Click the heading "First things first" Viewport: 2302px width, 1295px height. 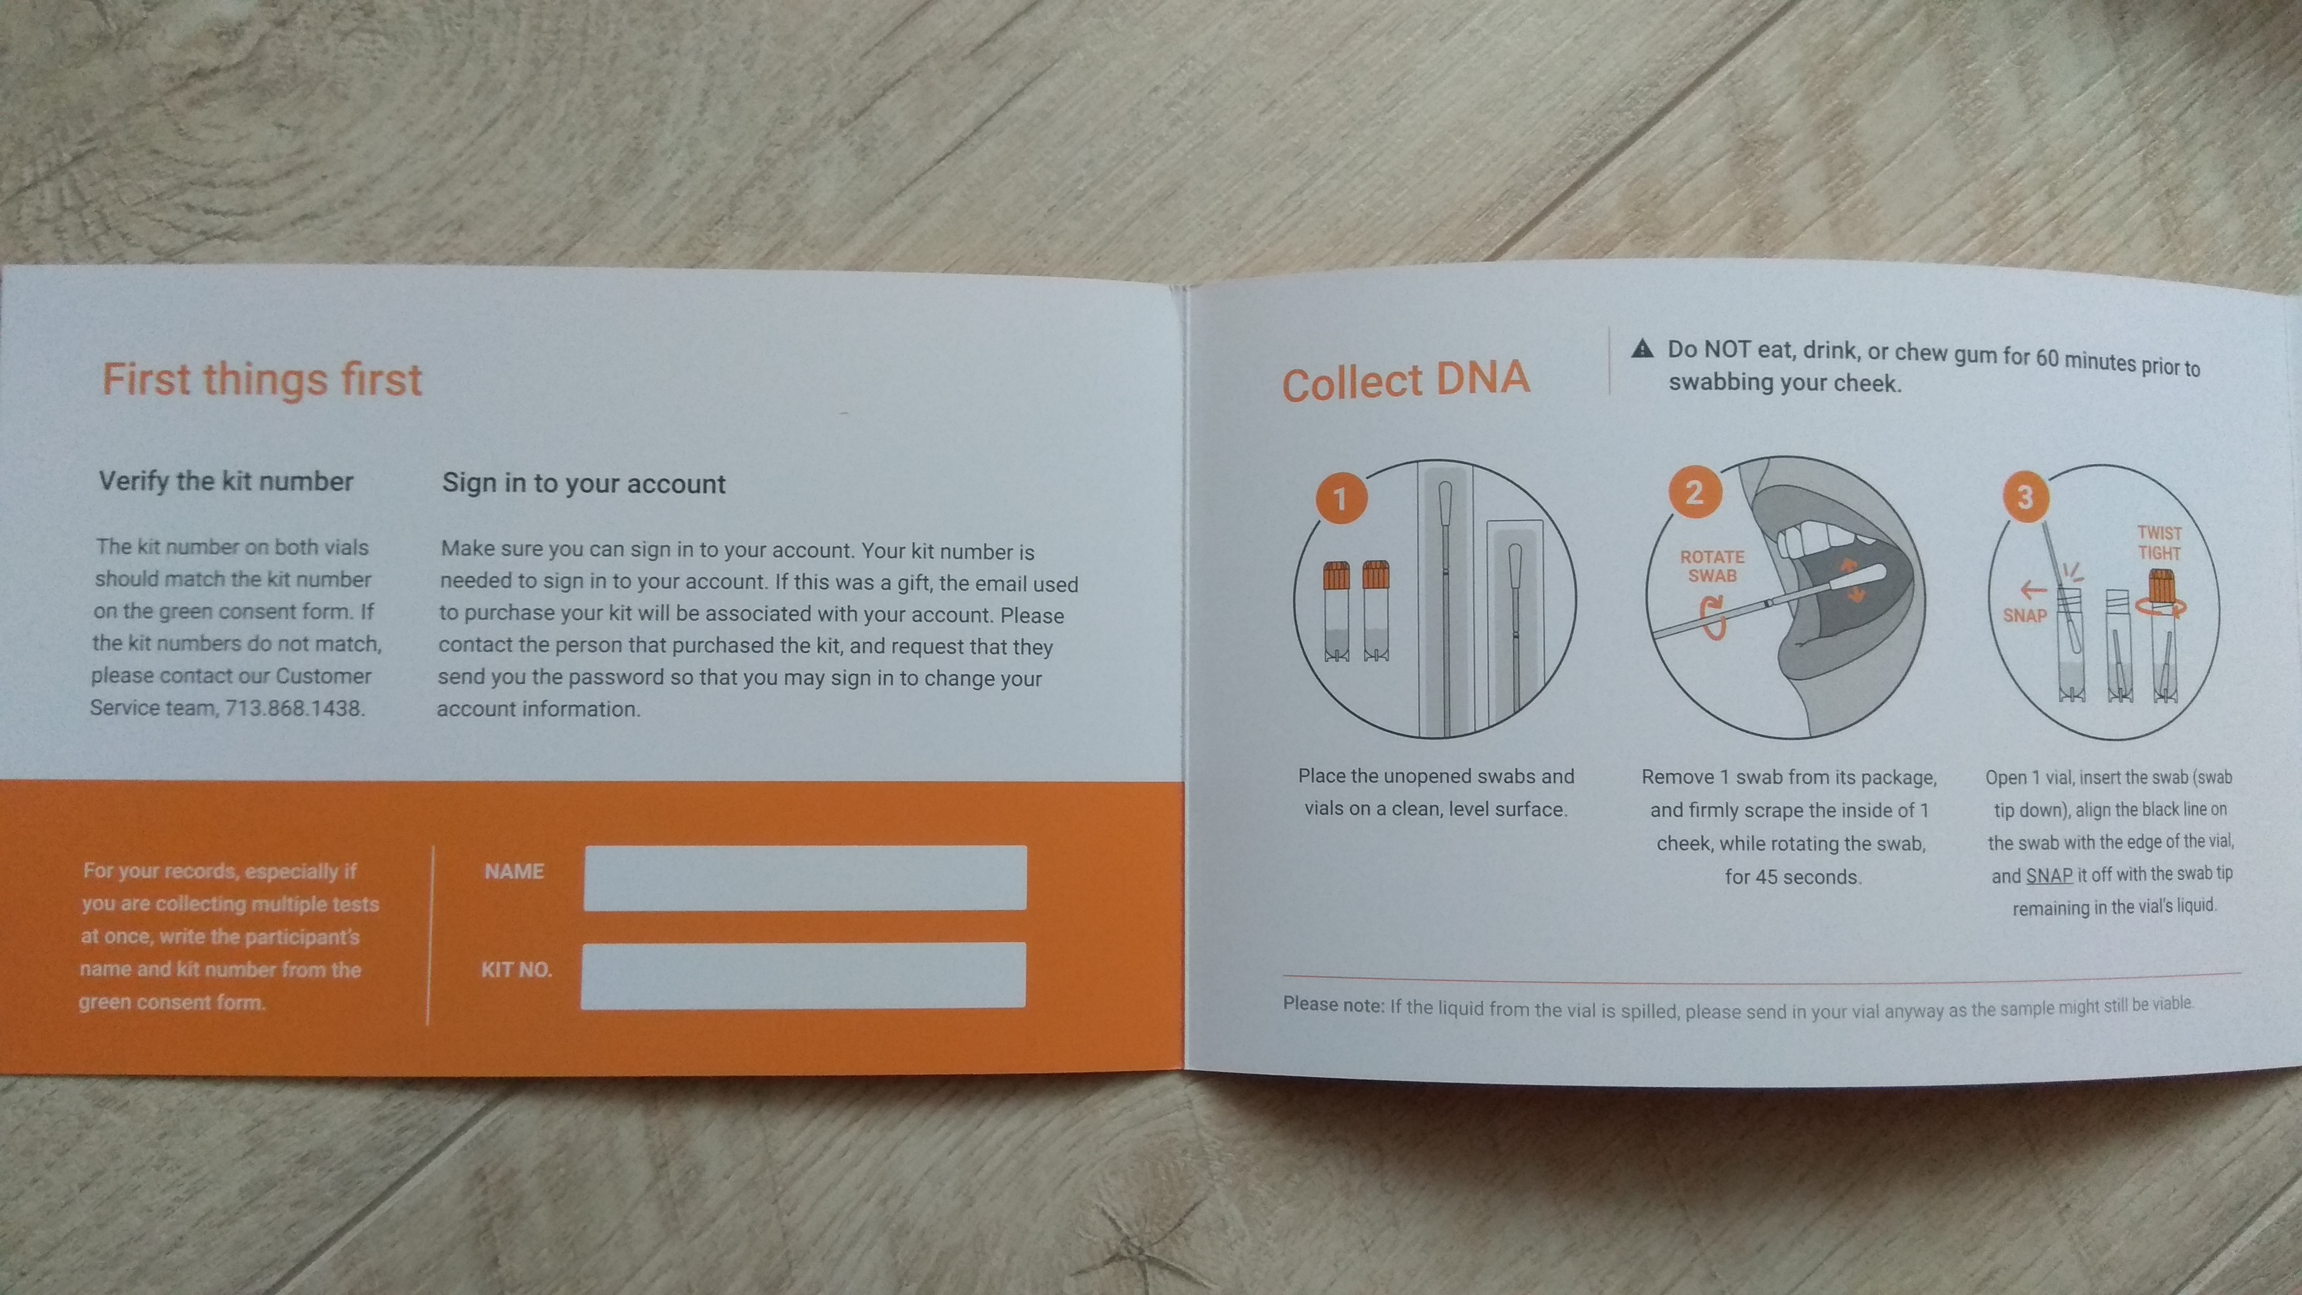[262, 379]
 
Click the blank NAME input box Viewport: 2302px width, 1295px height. [805, 878]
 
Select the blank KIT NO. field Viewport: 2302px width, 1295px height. [803, 975]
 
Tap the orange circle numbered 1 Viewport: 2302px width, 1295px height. [1340, 499]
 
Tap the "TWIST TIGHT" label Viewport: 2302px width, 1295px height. [2160, 542]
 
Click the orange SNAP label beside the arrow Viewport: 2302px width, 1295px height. [2024, 616]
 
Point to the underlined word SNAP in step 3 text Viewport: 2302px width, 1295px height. [2049, 875]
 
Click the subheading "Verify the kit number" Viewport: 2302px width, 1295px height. [226, 481]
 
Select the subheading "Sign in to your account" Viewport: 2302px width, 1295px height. [584, 484]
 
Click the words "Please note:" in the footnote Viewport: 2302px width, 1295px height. [1333, 1004]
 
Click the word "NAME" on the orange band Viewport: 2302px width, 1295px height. [514, 872]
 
